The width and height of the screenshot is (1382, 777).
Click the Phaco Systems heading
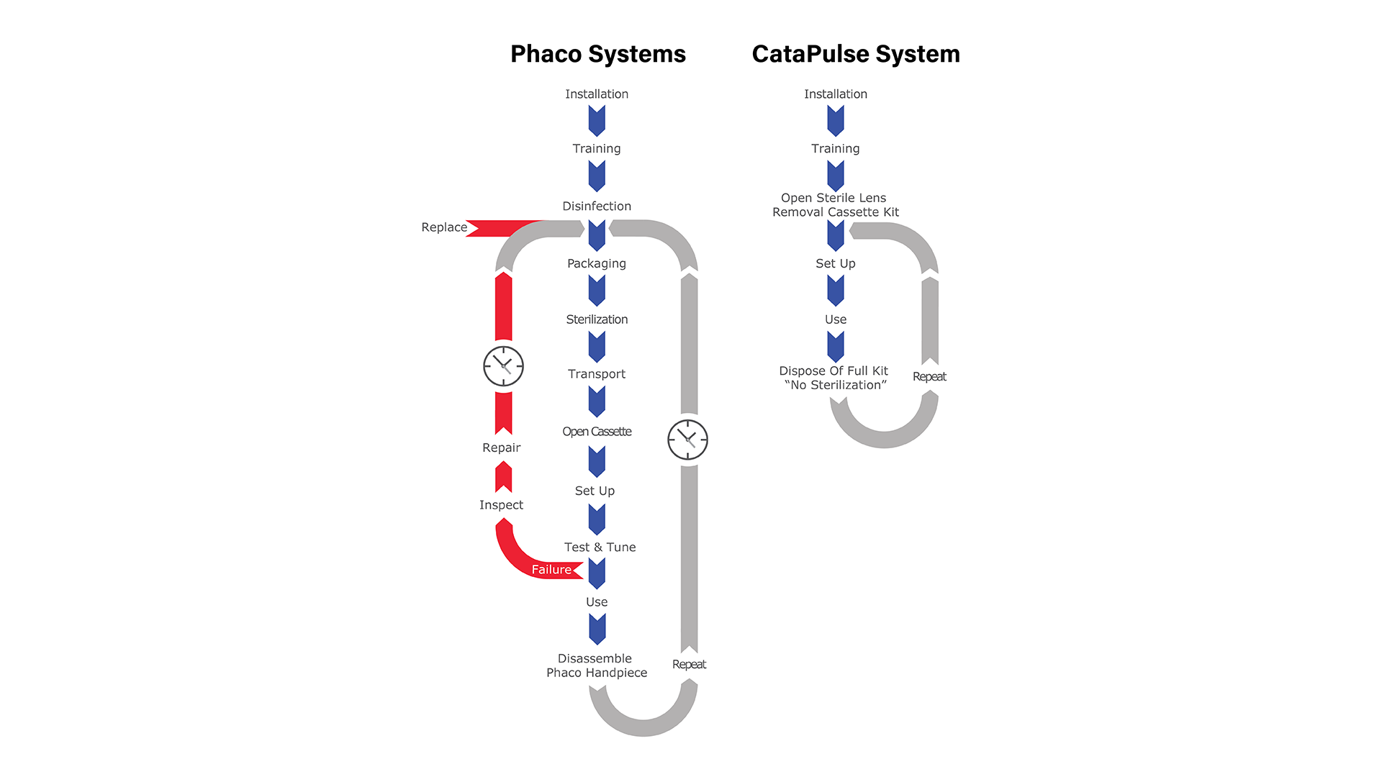(x=597, y=55)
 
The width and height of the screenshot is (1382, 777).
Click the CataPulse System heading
(x=855, y=55)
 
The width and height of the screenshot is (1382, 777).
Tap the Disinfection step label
(x=597, y=206)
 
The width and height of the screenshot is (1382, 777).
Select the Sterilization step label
(x=597, y=319)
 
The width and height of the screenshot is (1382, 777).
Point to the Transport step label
(x=597, y=374)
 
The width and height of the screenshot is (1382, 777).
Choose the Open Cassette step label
(x=597, y=432)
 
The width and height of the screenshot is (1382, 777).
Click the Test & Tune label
(x=600, y=547)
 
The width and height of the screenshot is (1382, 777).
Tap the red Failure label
(x=551, y=570)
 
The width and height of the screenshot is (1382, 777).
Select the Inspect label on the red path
(x=501, y=505)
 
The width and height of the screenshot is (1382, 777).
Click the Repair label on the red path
(x=501, y=447)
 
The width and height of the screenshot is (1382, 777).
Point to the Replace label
(x=444, y=227)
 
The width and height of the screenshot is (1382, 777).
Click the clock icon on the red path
(x=503, y=366)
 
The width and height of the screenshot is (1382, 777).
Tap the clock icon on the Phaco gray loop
(x=687, y=440)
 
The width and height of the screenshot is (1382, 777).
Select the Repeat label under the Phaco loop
(x=689, y=665)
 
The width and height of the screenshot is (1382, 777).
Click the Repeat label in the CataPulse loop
(x=929, y=377)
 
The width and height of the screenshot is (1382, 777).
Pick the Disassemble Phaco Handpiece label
(x=596, y=665)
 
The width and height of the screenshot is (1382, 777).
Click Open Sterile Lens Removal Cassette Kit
(x=835, y=205)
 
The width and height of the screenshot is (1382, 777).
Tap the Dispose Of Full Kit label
(x=834, y=378)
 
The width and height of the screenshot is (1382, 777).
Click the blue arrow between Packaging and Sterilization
(x=597, y=291)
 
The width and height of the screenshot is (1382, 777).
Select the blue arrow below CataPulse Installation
(x=836, y=120)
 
